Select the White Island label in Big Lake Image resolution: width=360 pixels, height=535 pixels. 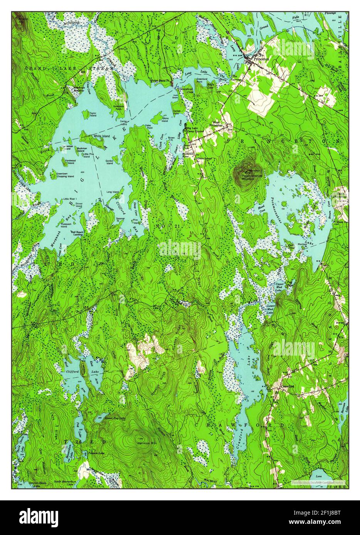click(100, 136)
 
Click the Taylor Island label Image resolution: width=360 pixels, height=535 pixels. click(92, 114)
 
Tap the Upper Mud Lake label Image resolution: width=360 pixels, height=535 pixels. click(280, 287)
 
